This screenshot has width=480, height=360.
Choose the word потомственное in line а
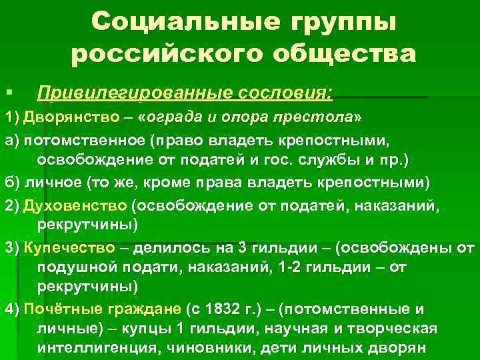84,141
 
